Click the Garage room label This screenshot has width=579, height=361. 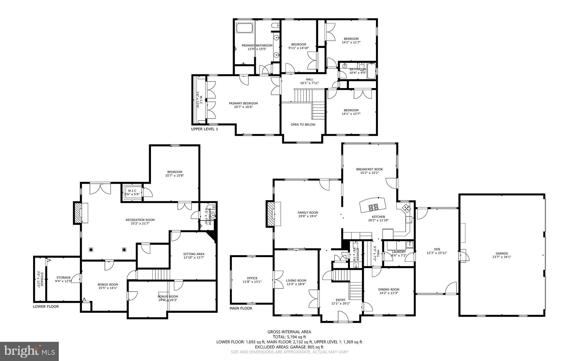tap(502, 253)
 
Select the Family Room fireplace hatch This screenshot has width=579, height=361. tap(270, 214)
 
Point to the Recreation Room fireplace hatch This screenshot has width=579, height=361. tap(77, 213)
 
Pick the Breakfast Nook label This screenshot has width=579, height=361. tap(369, 169)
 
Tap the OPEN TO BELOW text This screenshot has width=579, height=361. tap(303, 124)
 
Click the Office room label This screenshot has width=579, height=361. tap(252, 278)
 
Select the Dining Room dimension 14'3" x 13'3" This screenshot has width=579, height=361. tap(389, 293)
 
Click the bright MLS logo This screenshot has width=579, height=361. tap(29, 351)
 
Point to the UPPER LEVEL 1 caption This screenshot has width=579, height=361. tap(204, 129)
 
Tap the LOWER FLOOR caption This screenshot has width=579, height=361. tap(46, 307)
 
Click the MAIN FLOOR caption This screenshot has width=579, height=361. tap(241, 308)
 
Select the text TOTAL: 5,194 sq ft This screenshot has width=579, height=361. tap(289, 337)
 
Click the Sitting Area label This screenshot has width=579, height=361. tap(194, 254)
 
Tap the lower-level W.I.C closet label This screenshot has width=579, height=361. tap(132, 191)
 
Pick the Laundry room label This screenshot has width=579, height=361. tap(399, 252)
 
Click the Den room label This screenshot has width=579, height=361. tap(437, 249)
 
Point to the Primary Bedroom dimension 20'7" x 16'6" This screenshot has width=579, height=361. tap(243, 107)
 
